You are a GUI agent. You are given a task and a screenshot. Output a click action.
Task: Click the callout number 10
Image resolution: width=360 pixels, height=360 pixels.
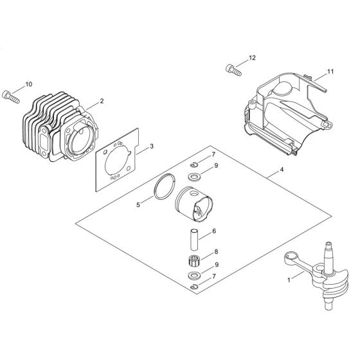pos(28,85)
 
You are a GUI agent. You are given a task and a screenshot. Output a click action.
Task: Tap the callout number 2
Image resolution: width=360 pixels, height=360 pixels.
pos(101,102)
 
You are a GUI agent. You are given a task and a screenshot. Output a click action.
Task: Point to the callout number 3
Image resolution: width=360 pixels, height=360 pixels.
pos(150,147)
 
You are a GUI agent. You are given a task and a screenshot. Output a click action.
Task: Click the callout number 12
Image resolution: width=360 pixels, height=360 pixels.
pos(251,59)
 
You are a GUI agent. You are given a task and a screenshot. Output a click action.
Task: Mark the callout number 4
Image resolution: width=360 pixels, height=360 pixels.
pos(281,172)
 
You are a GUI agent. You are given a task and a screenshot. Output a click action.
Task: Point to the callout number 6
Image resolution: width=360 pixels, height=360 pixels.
pos(215,231)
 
